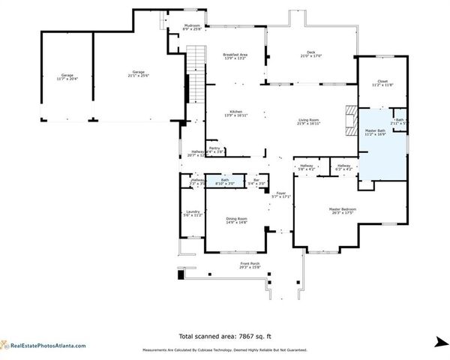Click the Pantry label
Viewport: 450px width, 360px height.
[215, 149]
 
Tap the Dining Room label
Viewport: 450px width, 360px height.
[236, 220]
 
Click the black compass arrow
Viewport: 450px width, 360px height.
[439, 343]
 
